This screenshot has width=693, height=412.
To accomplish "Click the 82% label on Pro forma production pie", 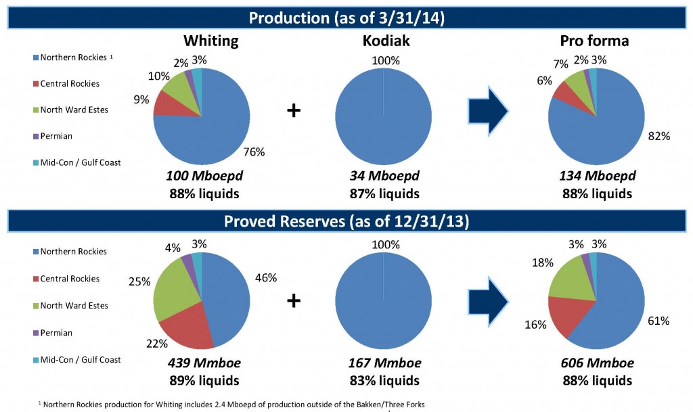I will pyautogui.click(x=659, y=136).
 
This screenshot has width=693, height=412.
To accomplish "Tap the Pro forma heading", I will pyautogui.click(x=596, y=41).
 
